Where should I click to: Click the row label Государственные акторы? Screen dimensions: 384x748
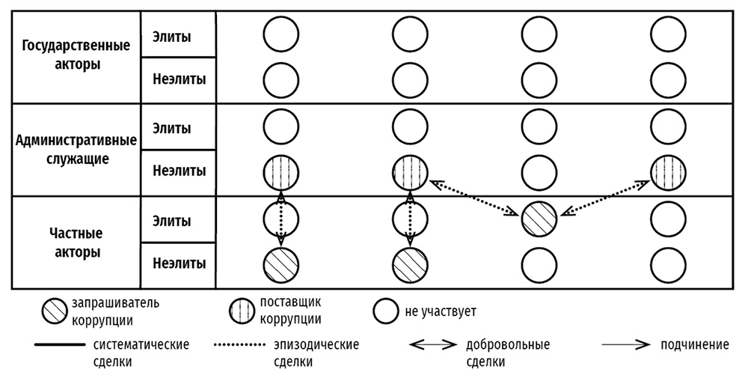click(76, 55)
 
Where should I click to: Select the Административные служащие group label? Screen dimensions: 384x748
click(76, 148)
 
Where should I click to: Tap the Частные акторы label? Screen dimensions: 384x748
click(76, 243)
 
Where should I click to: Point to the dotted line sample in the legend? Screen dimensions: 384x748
click(240, 345)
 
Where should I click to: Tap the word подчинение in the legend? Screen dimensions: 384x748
click(695, 346)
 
